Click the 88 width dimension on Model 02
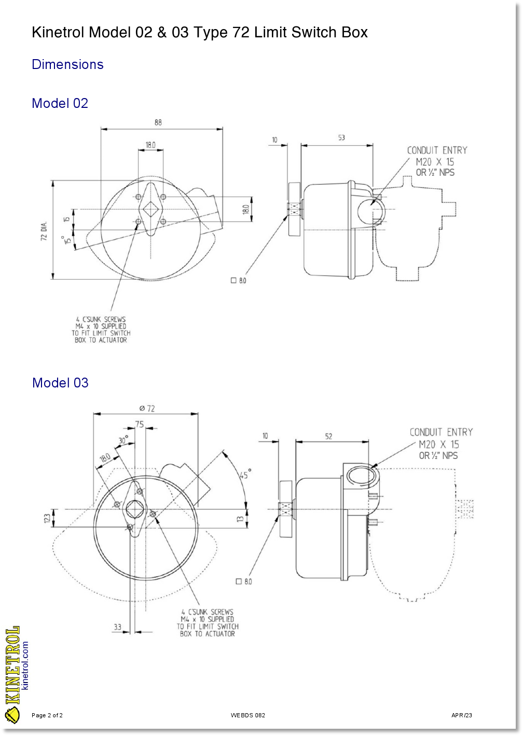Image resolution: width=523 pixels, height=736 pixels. pyautogui.click(x=158, y=122)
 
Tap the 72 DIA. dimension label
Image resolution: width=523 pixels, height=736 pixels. pyautogui.click(x=44, y=231)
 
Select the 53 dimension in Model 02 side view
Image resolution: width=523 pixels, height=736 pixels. pyautogui.click(x=341, y=137)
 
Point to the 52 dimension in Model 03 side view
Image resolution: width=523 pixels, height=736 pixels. pyautogui.click(x=328, y=436)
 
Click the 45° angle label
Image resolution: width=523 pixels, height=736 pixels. pyautogui.click(x=245, y=474)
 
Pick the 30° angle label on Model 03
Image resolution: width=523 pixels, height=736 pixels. pyautogui.click(x=123, y=440)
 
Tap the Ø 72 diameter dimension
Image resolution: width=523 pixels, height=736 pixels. pyautogui.click(x=147, y=408)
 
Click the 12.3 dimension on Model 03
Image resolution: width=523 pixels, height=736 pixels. pyautogui.click(x=47, y=519)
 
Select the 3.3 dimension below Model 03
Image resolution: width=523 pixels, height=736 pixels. pyautogui.click(x=117, y=627)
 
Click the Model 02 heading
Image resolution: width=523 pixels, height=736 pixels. pyautogui.click(x=60, y=103)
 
